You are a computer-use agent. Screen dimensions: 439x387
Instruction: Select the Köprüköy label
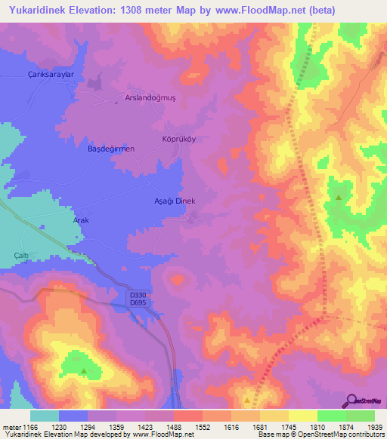(x=179, y=140)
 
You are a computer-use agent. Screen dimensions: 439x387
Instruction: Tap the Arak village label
(x=82, y=219)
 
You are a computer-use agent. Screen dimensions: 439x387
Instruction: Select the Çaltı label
(x=21, y=256)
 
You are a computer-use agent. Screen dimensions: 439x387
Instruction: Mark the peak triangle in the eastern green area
(x=338, y=198)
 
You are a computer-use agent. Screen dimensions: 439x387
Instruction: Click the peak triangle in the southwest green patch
(x=83, y=370)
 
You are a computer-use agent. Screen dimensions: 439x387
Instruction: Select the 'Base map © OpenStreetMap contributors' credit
(x=320, y=435)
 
